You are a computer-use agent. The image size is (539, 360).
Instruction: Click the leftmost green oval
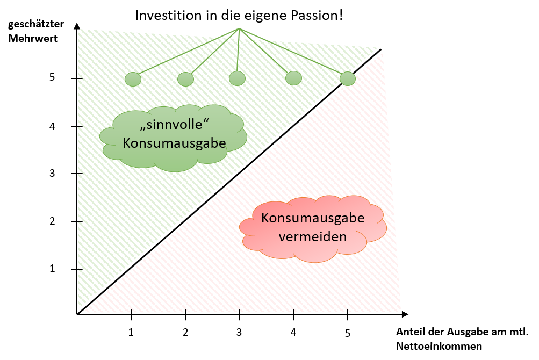(x=133, y=80)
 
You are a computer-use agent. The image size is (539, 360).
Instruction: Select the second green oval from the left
(x=185, y=80)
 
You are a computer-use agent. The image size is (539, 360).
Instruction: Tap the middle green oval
(x=237, y=78)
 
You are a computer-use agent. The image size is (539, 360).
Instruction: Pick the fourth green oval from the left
(x=293, y=78)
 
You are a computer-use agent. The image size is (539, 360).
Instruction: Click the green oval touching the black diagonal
(x=348, y=78)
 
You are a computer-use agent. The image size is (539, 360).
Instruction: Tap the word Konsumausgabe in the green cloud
(x=174, y=144)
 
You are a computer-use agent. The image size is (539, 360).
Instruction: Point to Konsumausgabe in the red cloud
(x=313, y=219)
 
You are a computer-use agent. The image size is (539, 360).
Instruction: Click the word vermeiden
(x=312, y=236)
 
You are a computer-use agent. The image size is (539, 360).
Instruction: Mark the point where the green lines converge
(x=239, y=28)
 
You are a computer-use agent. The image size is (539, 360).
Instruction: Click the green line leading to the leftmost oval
(x=185, y=51)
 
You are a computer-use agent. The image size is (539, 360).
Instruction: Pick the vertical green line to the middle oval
(x=238, y=51)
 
